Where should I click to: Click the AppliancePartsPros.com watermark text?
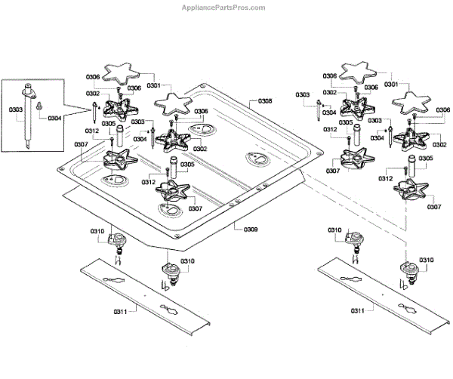point(223,8)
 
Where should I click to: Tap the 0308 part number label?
point(265,100)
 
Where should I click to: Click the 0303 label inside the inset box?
point(16,109)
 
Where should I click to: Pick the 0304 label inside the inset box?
point(54,119)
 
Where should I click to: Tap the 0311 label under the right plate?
point(359,310)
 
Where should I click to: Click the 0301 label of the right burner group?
point(392,85)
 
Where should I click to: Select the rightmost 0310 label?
point(427,260)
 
